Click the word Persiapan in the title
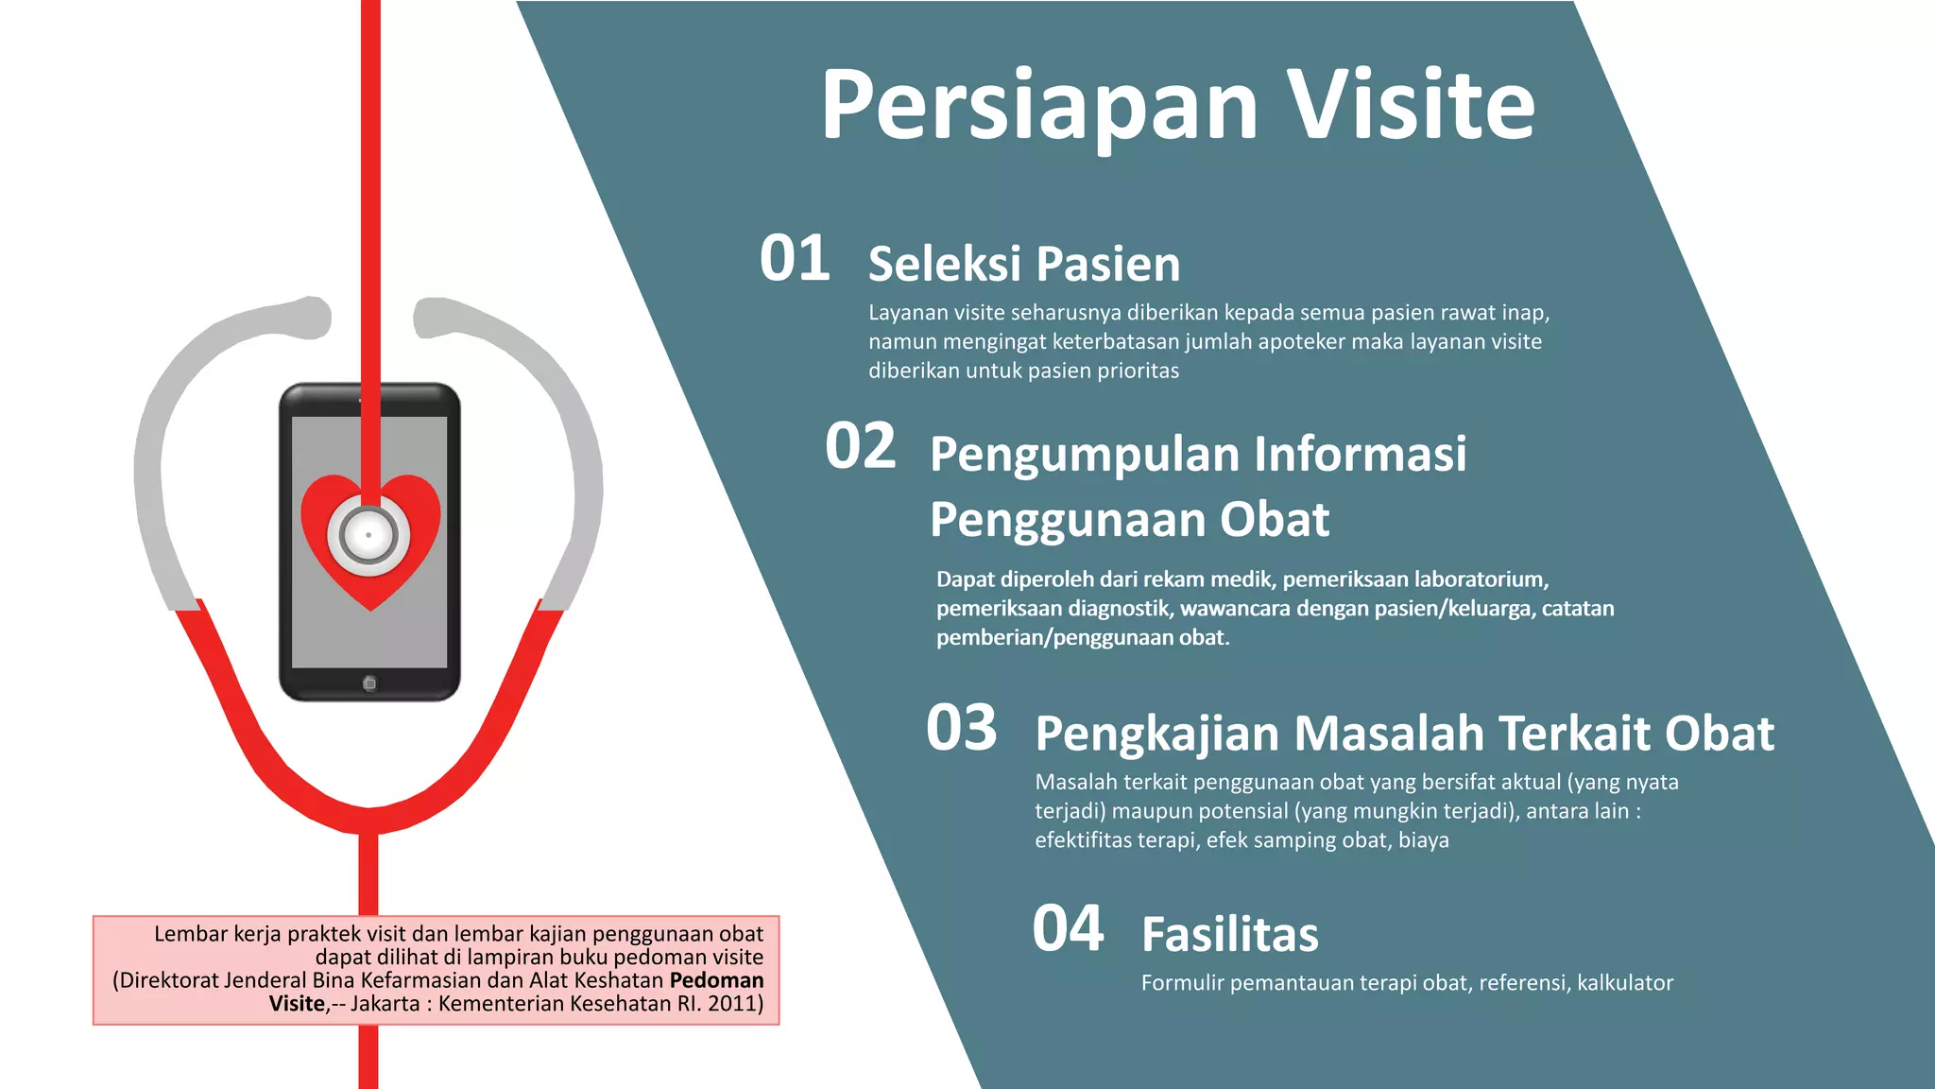coord(1039,106)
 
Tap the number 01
coord(795,258)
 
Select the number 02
coord(860,446)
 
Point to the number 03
coord(961,728)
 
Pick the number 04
coord(1068,928)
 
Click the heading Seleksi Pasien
coord(1024,264)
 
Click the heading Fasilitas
coord(1229,934)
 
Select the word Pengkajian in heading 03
coord(1157,734)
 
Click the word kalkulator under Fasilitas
coord(1624,983)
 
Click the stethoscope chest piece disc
coord(368,535)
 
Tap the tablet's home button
coord(369,683)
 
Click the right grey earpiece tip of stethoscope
coord(433,317)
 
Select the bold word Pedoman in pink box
coord(716,980)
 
